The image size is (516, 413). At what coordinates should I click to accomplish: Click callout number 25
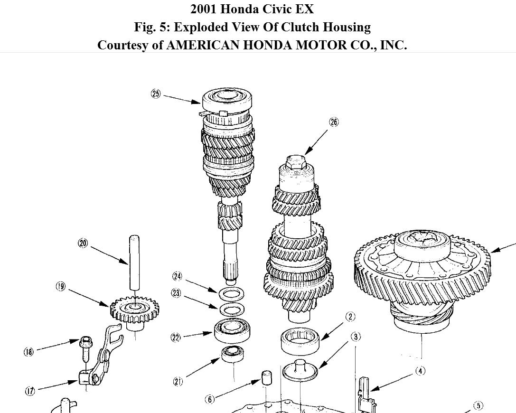[156, 94]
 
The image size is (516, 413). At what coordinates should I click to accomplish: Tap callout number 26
[334, 122]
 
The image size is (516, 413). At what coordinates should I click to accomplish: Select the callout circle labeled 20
[83, 244]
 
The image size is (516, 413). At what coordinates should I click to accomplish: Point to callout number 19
[61, 287]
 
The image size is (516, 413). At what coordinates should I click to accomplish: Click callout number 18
[29, 352]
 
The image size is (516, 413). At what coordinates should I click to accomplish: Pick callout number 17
[30, 391]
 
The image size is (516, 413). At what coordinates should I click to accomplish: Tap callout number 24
[178, 276]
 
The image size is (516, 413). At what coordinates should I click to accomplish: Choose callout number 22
[176, 338]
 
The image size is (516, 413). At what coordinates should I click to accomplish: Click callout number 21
[178, 381]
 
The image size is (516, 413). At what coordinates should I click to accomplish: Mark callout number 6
[210, 399]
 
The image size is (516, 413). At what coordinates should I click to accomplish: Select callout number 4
[420, 371]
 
